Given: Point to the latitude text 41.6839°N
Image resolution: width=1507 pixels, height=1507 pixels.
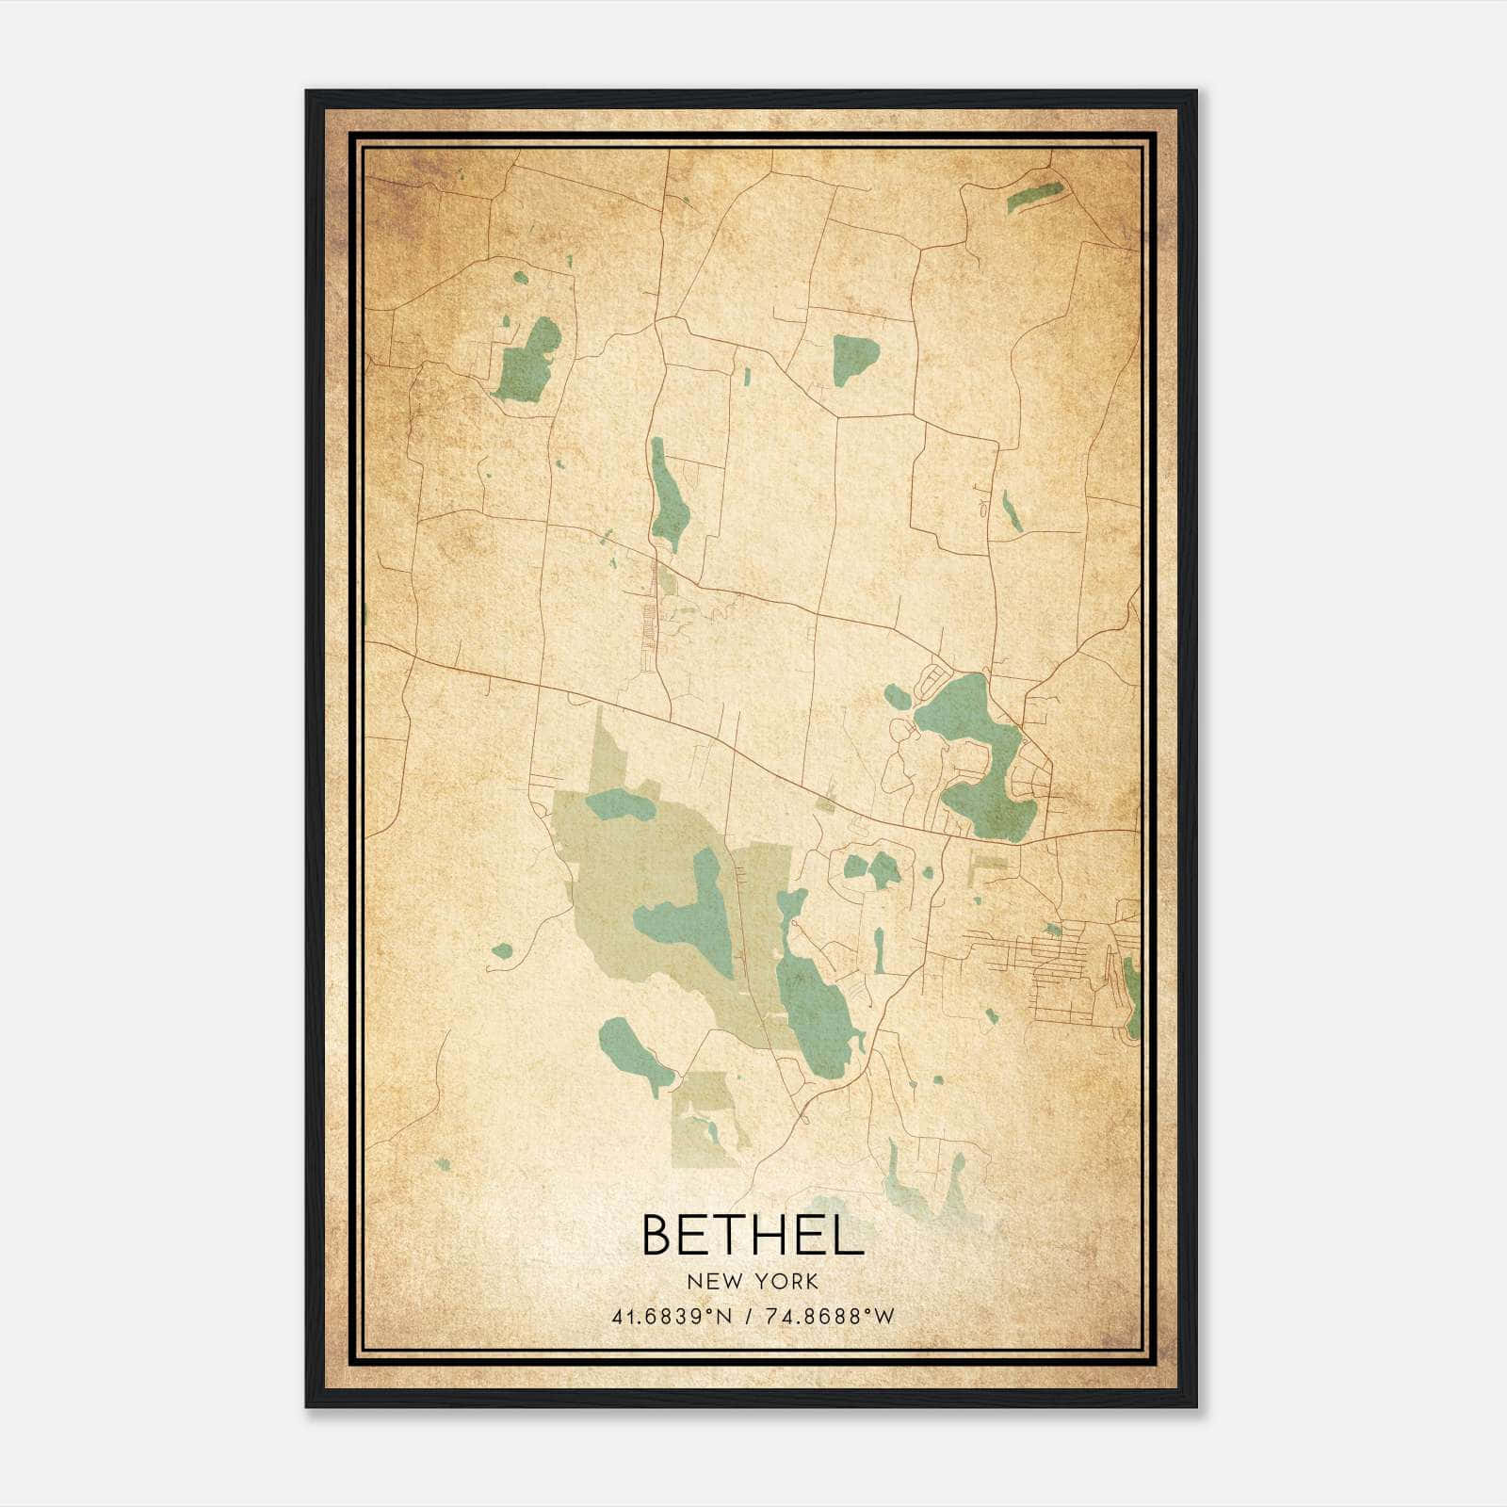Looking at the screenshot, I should [672, 1317].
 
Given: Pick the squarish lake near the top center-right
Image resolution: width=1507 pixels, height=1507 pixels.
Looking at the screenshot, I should [854, 355].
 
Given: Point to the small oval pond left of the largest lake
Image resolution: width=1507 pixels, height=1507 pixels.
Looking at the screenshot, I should [897, 697].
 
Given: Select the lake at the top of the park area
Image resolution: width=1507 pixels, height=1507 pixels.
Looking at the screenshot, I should [619, 805].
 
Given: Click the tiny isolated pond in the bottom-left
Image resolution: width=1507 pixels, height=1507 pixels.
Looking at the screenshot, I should [443, 1165].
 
